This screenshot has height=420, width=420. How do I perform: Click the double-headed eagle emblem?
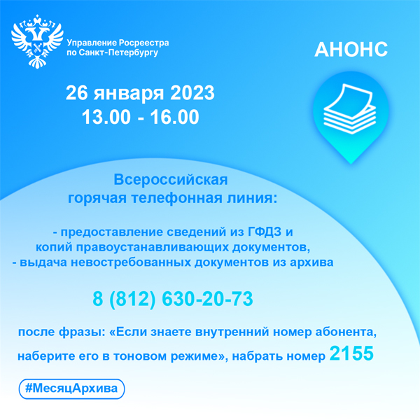tap(37, 41)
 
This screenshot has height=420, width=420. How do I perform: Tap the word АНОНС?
tap(351, 50)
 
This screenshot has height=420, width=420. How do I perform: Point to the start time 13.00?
tap(106, 117)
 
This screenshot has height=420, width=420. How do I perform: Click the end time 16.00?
tap(174, 117)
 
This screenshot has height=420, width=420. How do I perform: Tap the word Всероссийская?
tap(171, 179)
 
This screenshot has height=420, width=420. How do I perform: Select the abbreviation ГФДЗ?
tap(265, 232)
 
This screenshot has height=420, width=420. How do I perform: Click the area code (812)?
tap(132, 299)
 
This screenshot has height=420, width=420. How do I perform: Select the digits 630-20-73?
tap(208, 299)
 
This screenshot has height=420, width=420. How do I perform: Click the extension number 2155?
tap(351, 353)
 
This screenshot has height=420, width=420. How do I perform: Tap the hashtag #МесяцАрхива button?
tap(72, 388)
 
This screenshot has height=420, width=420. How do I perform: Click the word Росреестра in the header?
tap(143, 43)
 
